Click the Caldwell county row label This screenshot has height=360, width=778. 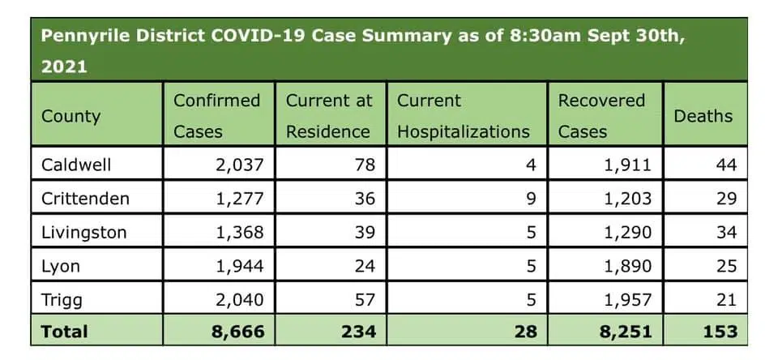point(76,165)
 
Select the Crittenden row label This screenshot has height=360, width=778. point(85,198)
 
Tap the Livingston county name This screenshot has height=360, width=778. point(83,232)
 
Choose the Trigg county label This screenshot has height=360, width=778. point(62,299)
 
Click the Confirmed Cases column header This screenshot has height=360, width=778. point(216,116)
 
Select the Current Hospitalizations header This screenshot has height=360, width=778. point(463,116)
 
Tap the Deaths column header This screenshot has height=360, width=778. point(703,116)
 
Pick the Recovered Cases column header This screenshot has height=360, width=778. point(601,116)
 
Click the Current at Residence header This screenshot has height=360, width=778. point(328,116)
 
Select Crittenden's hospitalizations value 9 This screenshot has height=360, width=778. point(531,198)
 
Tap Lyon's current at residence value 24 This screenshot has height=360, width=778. point(365,266)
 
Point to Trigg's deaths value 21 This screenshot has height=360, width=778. point(726,299)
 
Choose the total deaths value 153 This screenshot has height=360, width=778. point(720,331)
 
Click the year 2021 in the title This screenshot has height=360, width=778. point(64,67)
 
